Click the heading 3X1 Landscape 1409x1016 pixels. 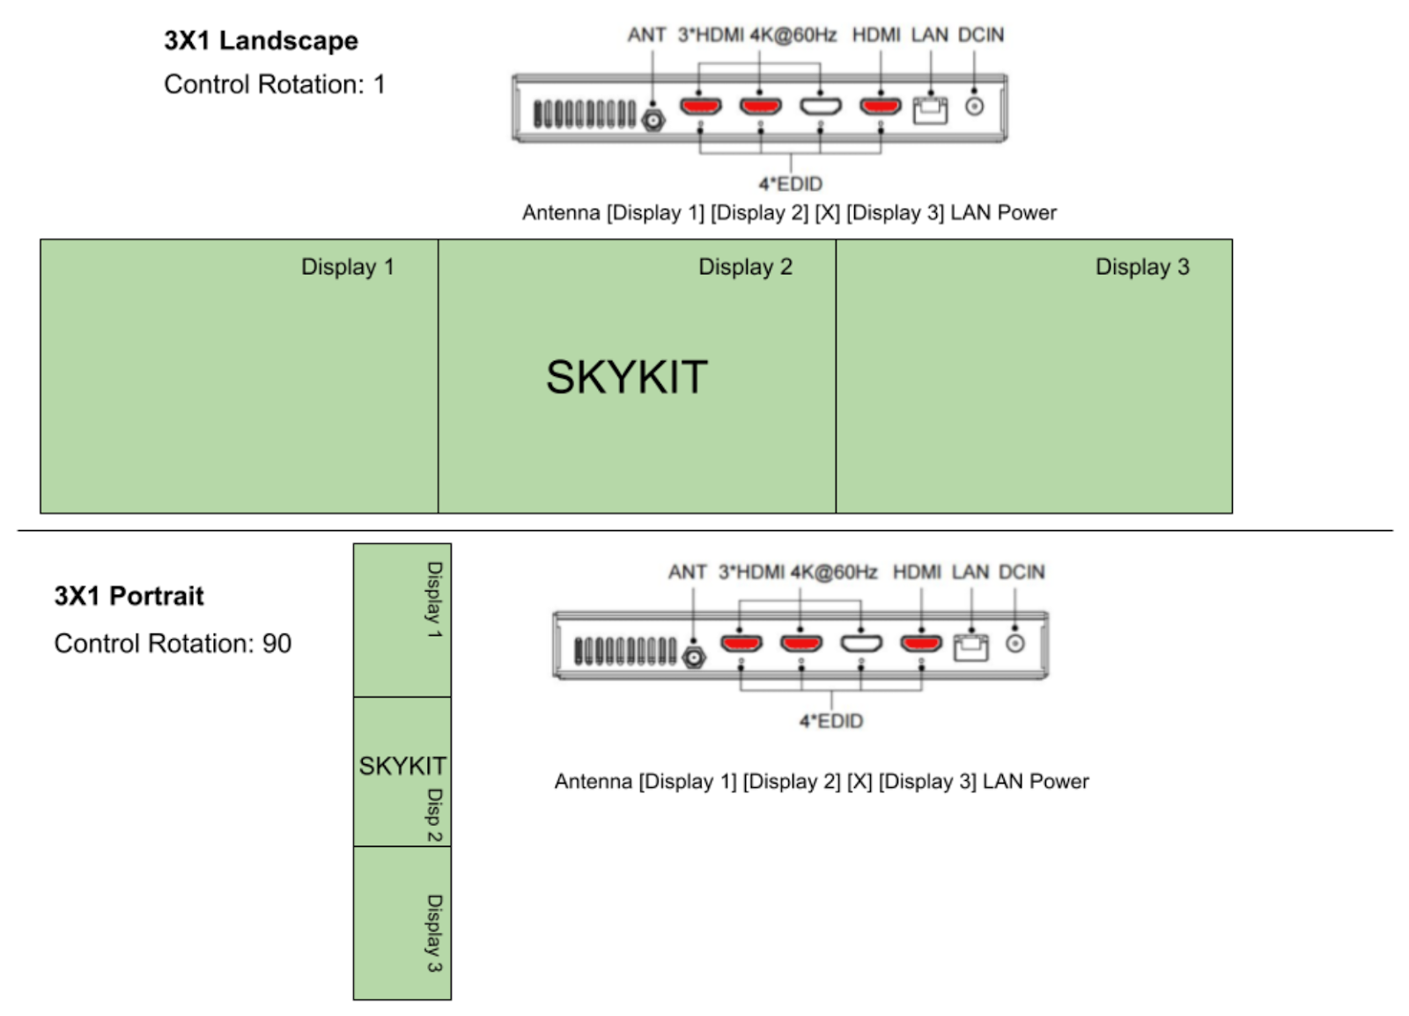point(261,40)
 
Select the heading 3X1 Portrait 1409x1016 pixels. point(129,596)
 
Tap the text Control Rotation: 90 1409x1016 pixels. point(173,644)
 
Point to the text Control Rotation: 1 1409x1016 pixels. point(274,85)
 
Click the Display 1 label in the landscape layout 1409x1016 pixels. point(348,267)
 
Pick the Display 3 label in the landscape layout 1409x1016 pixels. point(1142,267)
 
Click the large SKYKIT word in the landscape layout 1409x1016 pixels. point(626,377)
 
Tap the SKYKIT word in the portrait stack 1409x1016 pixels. point(402,766)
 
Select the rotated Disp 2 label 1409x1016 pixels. point(435,815)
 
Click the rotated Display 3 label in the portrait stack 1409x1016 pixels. point(435,933)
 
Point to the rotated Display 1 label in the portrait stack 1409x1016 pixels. point(435,600)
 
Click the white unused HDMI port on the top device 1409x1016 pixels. point(820,107)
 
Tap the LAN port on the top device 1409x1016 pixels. point(930,110)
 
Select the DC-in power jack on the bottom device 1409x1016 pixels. point(1015,644)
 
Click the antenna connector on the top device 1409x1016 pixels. point(653,119)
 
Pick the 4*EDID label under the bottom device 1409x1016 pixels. point(831,721)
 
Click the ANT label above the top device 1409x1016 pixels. point(646,35)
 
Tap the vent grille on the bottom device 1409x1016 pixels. point(625,651)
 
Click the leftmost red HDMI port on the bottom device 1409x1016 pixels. point(741,644)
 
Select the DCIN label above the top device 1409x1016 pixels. point(981,35)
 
